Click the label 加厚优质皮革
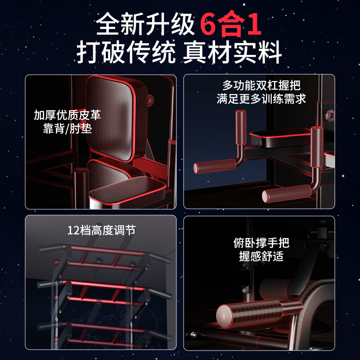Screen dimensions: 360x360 (x=67, y=114)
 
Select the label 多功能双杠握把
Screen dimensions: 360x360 (x=261, y=85)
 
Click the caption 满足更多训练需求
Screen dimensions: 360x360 (x=261, y=99)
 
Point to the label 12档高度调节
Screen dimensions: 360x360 (x=101, y=231)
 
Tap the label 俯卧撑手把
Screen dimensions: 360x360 (x=261, y=243)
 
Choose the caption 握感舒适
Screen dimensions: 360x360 (x=261, y=257)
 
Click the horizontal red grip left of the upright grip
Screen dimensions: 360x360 (x=211, y=166)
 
